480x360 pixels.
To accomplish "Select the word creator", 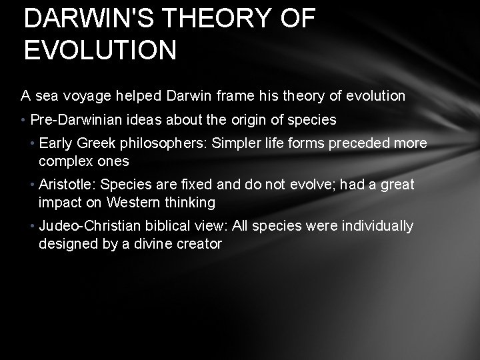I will click(x=199, y=243).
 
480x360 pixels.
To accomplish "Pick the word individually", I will click(x=378, y=226).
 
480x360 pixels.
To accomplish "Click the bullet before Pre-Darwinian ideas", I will click(x=23, y=120).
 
